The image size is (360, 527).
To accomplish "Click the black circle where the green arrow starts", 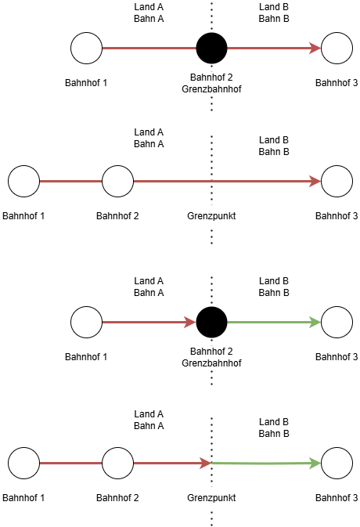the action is tap(211, 322).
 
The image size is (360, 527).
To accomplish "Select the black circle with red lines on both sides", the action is tap(211, 48).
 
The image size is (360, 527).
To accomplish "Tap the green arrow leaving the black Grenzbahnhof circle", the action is tap(274, 323).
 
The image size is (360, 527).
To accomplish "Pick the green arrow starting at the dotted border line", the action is tap(266, 463).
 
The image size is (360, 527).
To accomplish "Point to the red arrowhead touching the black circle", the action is tap(190, 323).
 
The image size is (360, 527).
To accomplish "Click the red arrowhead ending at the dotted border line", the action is tap(206, 463).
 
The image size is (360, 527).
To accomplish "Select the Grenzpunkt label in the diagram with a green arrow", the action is tap(211, 498).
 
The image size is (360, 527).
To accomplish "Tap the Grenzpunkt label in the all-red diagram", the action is tap(211, 216).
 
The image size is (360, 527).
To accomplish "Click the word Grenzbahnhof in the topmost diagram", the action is tap(211, 89).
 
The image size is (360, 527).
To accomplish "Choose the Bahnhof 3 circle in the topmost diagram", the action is tap(337, 48).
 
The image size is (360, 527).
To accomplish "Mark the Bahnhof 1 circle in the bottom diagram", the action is tap(23, 463).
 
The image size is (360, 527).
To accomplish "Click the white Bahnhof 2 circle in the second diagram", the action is tap(117, 181).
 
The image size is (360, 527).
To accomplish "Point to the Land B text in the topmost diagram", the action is tap(274, 7).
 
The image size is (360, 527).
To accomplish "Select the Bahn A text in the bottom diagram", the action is tap(149, 426).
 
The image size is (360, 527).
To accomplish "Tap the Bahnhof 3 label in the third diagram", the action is tap(337, 356).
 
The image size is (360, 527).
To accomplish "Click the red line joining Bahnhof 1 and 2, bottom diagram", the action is tap(71, 463).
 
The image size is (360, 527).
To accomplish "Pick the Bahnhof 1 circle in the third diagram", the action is tap(86, 322).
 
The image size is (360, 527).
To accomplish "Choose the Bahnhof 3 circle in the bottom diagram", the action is tap(337, 463).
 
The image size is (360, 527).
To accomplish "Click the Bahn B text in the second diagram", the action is tap(274, 152).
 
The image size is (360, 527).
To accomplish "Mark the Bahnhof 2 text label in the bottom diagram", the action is tap(117, 498).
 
